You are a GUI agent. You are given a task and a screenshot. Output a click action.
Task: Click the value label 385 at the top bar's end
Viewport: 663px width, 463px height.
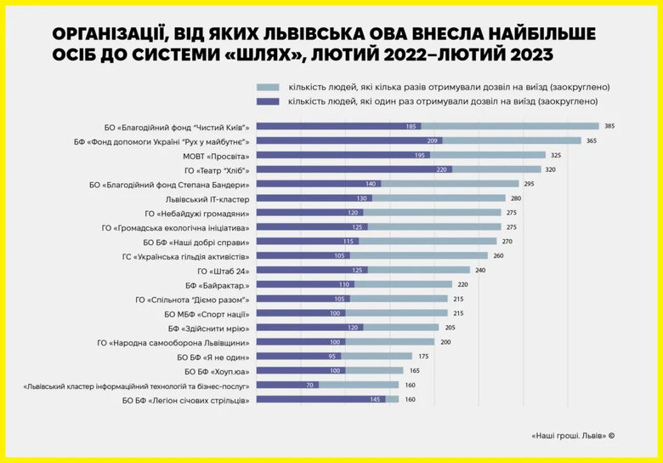coord(609,126)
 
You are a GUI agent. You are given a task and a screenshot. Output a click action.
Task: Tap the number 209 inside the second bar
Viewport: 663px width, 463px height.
coord(433,140)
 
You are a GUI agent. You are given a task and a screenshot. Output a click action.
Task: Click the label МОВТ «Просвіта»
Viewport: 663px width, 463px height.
coord(216,155)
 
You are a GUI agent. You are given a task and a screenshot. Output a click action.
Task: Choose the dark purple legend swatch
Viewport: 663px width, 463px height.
coord(268,101)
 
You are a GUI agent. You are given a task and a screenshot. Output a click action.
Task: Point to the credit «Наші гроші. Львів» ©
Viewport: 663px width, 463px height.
coord(572,435)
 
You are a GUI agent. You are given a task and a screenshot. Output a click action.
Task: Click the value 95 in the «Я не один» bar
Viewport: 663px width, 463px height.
coord(333,356)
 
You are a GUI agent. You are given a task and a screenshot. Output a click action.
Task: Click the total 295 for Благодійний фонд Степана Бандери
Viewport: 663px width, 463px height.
coord(529,184)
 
